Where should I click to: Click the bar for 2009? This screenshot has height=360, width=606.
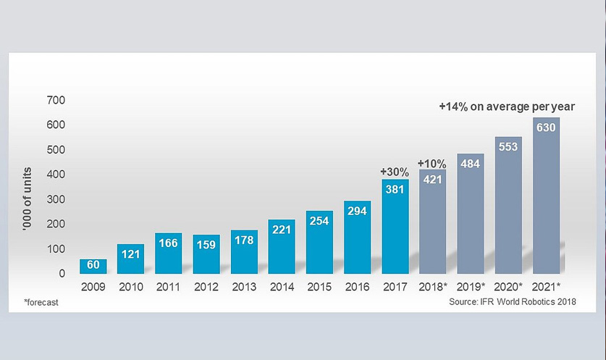93,266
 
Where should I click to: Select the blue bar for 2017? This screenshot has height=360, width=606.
395,226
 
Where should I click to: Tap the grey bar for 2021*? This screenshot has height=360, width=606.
546,196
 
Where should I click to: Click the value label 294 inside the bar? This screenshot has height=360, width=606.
357,212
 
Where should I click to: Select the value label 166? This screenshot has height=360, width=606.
168,243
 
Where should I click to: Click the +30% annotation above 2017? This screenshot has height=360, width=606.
395,172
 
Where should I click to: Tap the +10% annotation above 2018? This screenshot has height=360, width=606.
432,162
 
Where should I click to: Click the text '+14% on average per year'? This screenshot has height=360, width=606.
506,106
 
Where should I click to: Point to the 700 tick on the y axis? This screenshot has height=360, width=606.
56,100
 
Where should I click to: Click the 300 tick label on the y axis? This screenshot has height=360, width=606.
56,199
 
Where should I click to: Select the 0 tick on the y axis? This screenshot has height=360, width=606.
62,274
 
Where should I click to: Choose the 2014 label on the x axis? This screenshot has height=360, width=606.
282,287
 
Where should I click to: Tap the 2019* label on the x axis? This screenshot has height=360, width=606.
471,287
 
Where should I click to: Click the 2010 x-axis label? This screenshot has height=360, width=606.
130,287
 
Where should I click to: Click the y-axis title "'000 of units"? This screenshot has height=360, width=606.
29,187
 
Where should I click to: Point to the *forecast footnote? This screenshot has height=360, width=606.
41,302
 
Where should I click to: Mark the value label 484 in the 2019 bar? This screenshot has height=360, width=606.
471,164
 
